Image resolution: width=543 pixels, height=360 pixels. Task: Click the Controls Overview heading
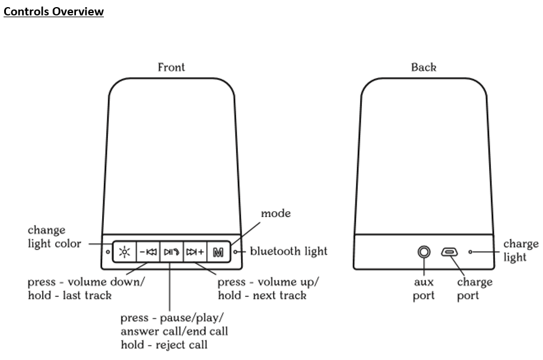pyautogui.click(x=54, y=11)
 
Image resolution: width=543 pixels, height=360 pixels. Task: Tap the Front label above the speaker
pyautogui.click(x=171, y=67)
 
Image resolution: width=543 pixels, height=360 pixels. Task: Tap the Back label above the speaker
pyautogui.click(x=424, y=67)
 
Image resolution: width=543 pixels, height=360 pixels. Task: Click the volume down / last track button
pyautogui.click(x=148, y=252)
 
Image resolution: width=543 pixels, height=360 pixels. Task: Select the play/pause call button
pyautogui.click(x=171, y=252)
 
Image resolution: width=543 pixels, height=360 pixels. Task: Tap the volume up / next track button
pyautogui.click(x=195, y=252)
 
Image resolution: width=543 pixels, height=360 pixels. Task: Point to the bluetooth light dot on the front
pyautogui.click(x=236, y=252)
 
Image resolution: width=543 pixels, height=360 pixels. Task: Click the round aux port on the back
pyautogui.click(x=424, y=252)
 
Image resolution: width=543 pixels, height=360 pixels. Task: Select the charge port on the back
pyautogui.click(x=449, y=252)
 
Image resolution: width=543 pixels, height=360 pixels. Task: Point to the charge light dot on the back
pyautogui.click(x=471, y=252)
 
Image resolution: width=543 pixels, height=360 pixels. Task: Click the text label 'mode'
pyautogui.click(x=276, y=213)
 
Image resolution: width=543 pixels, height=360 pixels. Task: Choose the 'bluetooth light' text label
pyautogui.click(x=288, y=251)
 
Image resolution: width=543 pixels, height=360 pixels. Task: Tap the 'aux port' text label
pyautogui.click(x=424, y=288)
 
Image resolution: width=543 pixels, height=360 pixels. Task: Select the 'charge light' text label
pyautogui.click(x=520, y=250)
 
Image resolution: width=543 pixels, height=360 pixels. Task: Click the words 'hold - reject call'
pyautogui.click(x=164, y=345)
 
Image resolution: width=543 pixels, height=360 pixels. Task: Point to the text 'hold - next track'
pyautogui.click(x=262, y=295)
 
